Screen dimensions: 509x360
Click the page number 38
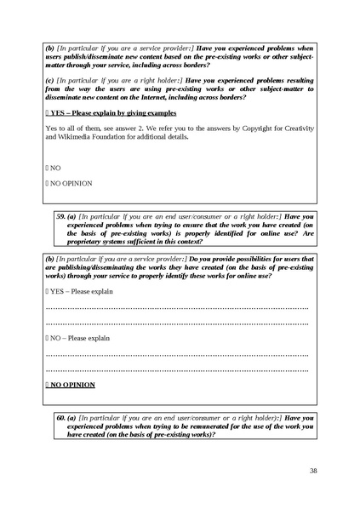pyautogui.click(x=313, y=471)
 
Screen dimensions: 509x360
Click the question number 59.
pyautogui.click(x=60, y=216)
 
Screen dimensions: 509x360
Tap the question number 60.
pyautogui.click(x=60, y=418)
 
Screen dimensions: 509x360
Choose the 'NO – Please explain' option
pyautogui.click(x=77, y=338)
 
